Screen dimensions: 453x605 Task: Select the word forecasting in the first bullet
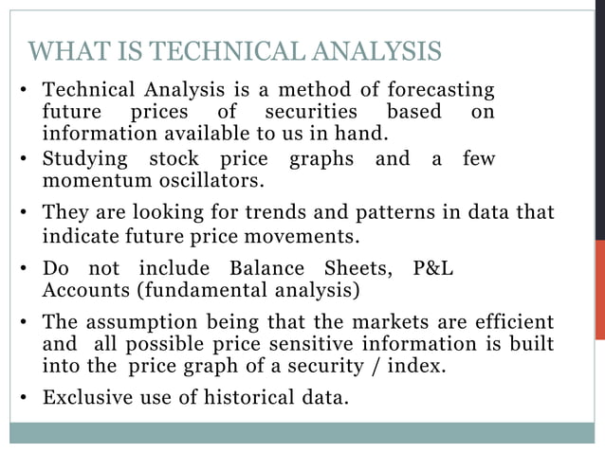click(440, 90)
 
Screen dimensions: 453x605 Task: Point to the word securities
click(308, 112)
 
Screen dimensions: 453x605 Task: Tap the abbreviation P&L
click(434, 268)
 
